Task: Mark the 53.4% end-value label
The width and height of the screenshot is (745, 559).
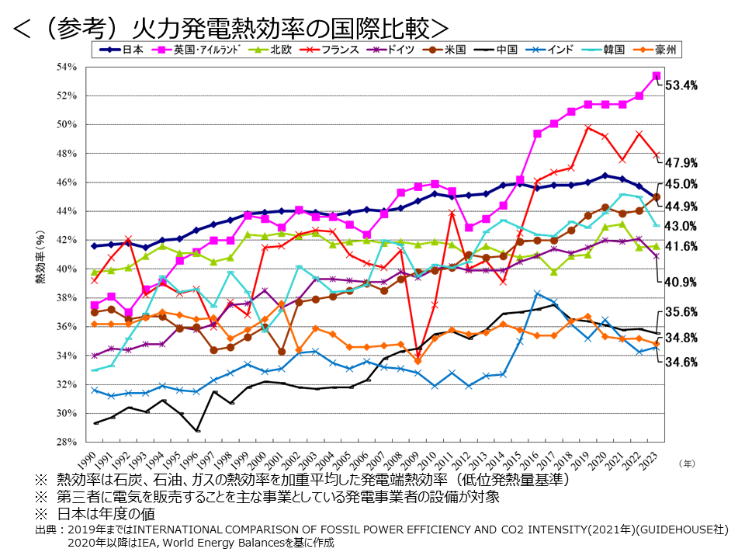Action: point(683,85)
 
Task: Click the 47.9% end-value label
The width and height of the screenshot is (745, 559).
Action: point(683,163)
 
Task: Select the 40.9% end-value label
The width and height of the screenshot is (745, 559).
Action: point(683,282)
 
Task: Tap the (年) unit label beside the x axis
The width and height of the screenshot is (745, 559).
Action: point(687,464)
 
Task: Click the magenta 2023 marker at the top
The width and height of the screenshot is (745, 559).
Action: point(657,75)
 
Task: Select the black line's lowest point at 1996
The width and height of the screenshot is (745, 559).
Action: point(198,431)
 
